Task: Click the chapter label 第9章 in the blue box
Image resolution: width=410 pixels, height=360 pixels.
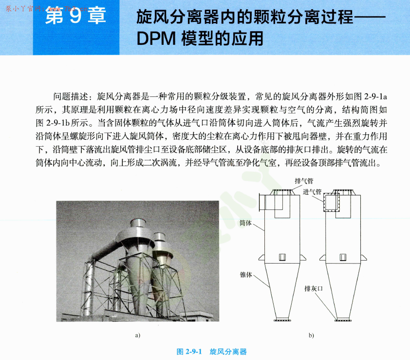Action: coord(75,18)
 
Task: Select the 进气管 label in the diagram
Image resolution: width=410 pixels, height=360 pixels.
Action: coord(312,191)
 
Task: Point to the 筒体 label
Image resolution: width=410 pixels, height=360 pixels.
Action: coord(246,223)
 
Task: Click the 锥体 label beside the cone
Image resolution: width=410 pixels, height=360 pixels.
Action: coord(246,275)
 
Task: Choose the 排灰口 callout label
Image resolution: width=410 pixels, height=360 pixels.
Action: coord(314,288)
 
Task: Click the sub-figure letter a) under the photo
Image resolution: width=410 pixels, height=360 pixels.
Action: coord(138,335)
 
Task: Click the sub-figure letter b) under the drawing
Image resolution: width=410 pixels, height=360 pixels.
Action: coord(311,335)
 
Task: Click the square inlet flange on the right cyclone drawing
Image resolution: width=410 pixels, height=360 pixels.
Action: coord(332,202)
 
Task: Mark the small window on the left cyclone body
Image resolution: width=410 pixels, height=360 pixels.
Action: coord(282,257)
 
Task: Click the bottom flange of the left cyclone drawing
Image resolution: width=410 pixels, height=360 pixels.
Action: coord(282,320)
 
